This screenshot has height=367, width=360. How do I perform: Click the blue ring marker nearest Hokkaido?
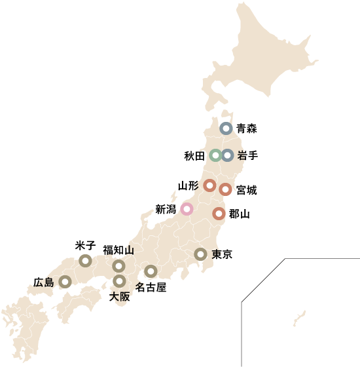pos(226,128)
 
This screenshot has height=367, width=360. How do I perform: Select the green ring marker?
pos(215,155)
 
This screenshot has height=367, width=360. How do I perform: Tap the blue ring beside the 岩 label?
pos(227,155)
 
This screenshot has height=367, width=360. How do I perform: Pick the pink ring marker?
pos(187,209)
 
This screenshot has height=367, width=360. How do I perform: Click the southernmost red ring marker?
pos(219,213)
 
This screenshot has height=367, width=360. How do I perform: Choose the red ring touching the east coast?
pos(225,189)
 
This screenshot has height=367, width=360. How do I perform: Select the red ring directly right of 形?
pos(209,185)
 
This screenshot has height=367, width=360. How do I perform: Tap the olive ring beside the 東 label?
pos(200,254)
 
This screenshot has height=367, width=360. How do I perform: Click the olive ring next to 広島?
pos(65,282)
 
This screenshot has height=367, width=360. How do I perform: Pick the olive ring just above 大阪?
pos(119,281)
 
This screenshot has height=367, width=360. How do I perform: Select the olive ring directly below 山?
pos(118,266)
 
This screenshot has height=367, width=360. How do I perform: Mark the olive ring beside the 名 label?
pos(151,271)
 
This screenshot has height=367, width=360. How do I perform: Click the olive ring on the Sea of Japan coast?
pos(85,261)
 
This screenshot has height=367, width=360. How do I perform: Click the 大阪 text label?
pos(120,296)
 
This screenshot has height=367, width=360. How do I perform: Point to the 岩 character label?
pos(242,155)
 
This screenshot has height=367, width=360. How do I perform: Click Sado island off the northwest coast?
pos(173,195)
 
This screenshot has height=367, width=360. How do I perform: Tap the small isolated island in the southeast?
pos(300,319)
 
